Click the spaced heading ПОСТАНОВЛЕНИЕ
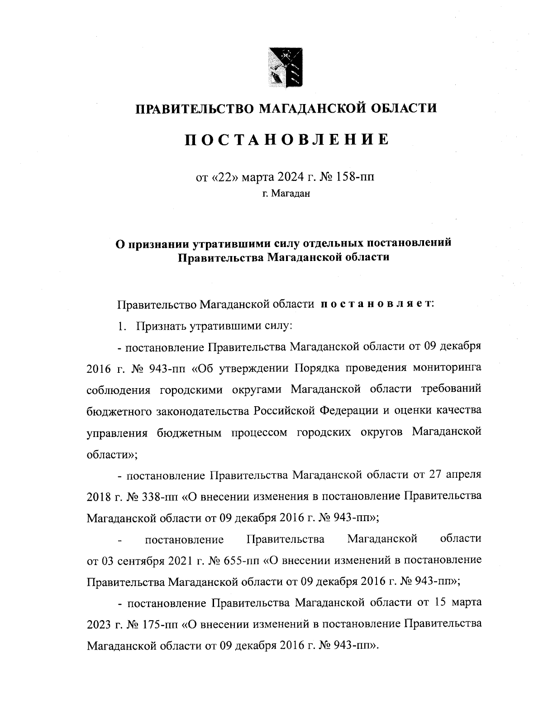point(287,140)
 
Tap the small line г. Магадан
point(286,195)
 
